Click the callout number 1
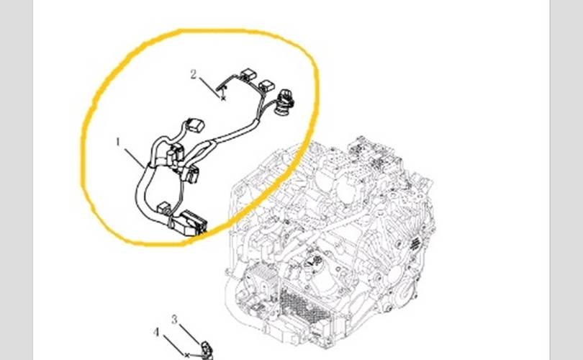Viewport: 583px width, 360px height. tap(118, 142)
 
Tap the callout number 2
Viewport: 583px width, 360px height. tap(193, 74)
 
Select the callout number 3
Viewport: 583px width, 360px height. tap(174, 319)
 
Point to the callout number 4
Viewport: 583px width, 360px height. tap(156, 332)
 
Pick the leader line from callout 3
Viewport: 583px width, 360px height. tap(189, 334)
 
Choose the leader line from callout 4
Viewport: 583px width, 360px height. tap(174, 345)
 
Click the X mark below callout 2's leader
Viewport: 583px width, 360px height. tap(223, 98)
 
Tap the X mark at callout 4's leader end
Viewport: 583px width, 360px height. tap(187, 356)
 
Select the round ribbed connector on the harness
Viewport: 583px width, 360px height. tap(284, 101)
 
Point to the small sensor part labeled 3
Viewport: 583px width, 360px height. tap(207, 351)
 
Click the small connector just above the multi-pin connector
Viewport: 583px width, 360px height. tap(164, 208)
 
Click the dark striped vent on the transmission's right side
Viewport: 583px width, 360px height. tap(415, 243)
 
